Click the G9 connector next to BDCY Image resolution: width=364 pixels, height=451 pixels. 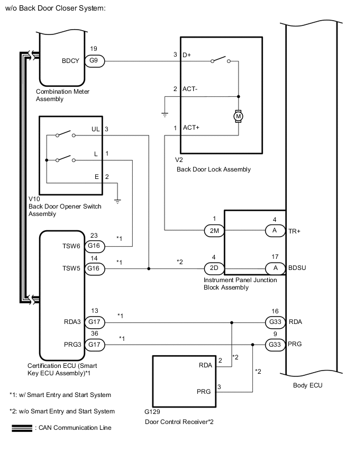click(x=94, y=61)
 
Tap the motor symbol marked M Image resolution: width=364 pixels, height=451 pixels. click(x=238, y=115)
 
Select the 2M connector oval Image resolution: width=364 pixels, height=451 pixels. click(x=214, y=230)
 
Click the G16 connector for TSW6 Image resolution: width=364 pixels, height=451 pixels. click(x=94, y=246)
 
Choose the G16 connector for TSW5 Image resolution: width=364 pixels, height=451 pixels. click(x=94, y=268)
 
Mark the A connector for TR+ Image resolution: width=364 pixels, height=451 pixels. click(x=275, y=230)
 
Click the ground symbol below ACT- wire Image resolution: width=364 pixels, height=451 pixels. click(x=165, y=114)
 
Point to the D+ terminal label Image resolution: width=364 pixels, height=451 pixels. click(x=187, y=55)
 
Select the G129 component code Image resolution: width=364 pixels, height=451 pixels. click(x=152, y=411)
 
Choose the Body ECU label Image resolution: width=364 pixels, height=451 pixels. click(x=307, y=385)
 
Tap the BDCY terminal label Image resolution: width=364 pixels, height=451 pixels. click(x=70, y=61)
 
